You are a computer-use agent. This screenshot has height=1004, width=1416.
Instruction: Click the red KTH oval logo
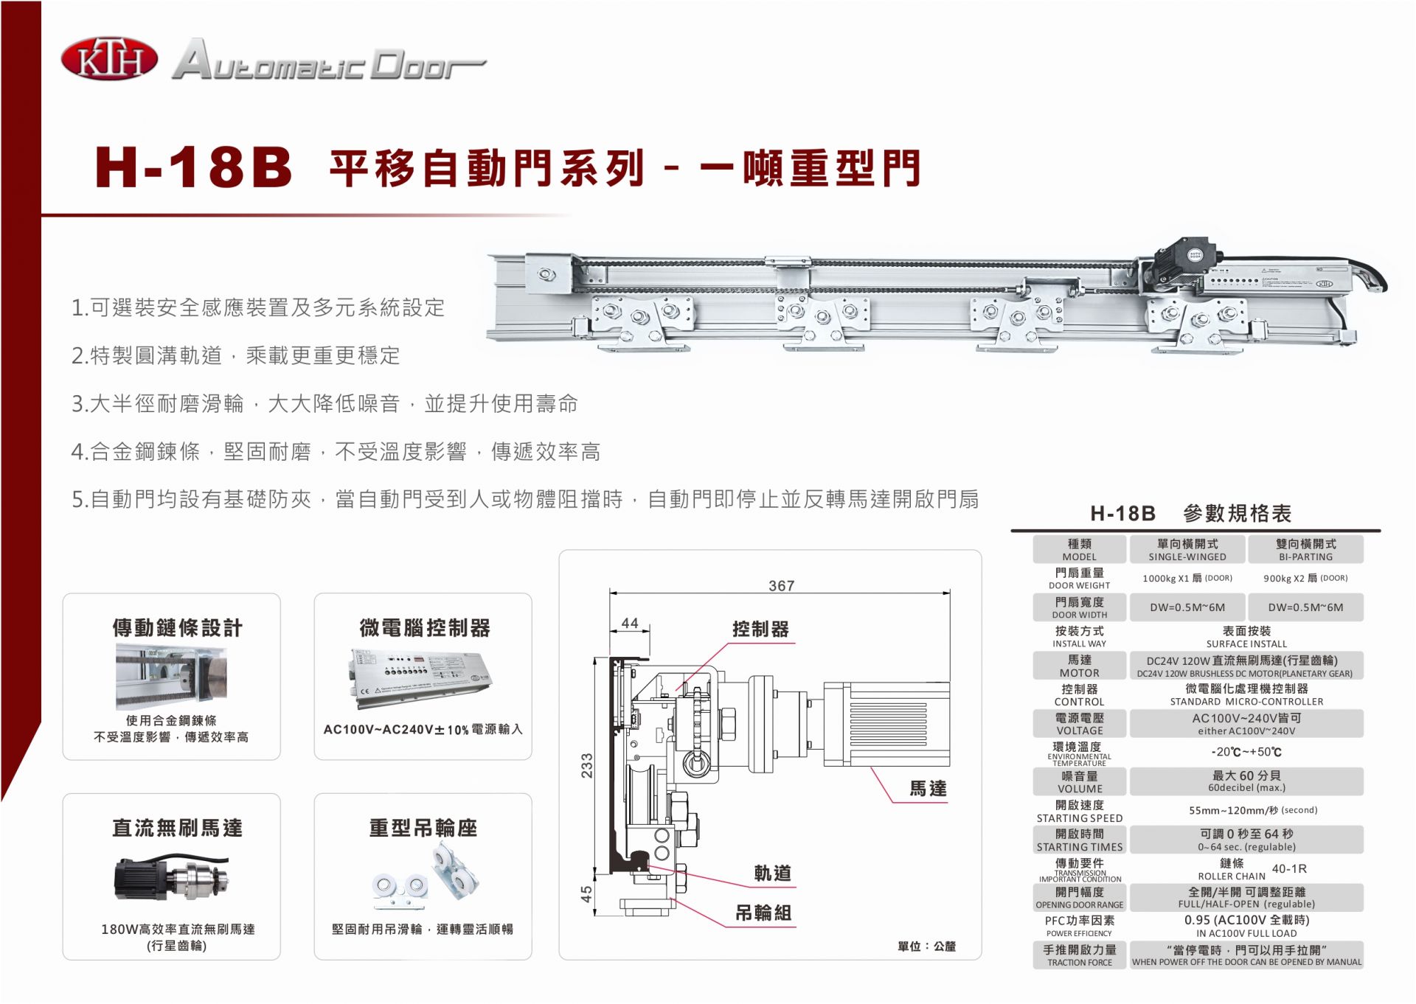coord(109,60)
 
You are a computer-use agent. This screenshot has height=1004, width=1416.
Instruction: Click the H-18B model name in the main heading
coord(194,167)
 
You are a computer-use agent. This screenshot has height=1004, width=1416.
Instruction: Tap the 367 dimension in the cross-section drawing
coord(781,586)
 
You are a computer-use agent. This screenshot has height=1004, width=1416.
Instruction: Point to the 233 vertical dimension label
coord(587,767)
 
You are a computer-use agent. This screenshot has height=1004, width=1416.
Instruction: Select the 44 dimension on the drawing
coord(630,623)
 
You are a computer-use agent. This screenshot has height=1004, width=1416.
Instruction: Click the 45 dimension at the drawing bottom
coord(587,893)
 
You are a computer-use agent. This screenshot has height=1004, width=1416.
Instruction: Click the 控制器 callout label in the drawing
coord(760,629)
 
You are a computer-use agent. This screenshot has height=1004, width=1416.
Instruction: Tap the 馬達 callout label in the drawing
coord(927,789)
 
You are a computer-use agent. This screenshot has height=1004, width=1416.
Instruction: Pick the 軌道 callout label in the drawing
coord(772,874)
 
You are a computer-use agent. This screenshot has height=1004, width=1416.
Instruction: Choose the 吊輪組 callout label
coord(763,913)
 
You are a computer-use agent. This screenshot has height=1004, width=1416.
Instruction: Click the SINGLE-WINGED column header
coord(1187,550)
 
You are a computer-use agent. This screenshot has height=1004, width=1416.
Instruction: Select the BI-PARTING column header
coord(1305,550)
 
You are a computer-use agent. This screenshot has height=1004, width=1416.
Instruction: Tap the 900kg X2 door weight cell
coord(1305,579)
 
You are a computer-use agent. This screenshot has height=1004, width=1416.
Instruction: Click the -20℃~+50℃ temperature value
coord(1246,752)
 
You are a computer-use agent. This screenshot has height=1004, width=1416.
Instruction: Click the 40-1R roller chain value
coord(1289,869)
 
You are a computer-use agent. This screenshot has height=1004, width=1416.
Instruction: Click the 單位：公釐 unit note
coord(926,947)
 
